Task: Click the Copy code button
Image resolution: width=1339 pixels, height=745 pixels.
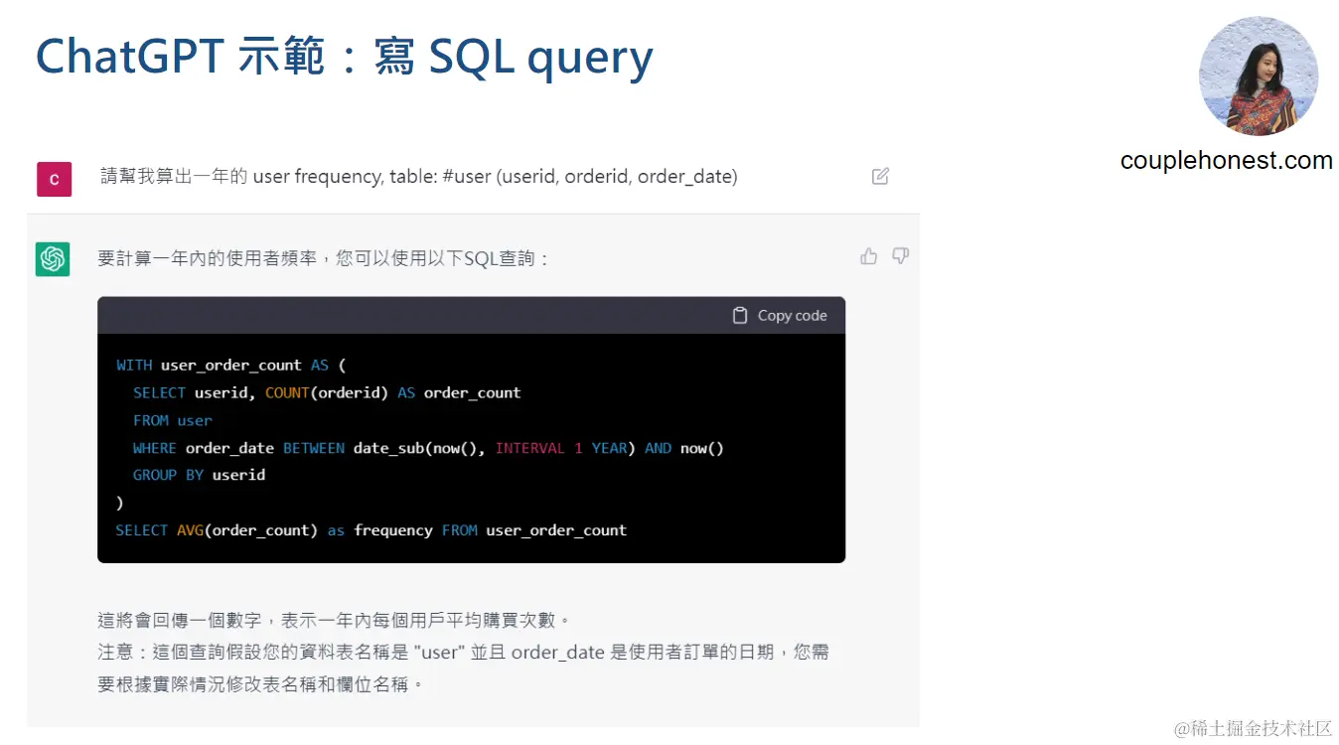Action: [780, 315]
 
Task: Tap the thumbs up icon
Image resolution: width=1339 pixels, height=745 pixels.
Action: [869, 256]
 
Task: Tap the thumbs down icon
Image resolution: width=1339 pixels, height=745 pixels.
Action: [901, 256]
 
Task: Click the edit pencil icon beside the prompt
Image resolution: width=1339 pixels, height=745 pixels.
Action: [880, 177]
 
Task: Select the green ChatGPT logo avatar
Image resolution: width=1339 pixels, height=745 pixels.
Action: [53, 259]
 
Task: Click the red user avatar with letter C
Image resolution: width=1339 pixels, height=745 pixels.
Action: [54, 180]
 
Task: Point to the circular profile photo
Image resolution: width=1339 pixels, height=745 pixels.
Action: [1259, 75]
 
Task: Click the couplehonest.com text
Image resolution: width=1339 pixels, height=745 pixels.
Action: [1226, 161]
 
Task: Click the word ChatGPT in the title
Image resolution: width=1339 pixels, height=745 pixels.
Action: [129, 58]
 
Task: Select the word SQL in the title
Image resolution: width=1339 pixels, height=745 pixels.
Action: [471, 58]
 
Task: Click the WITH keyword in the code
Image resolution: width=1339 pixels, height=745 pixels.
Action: [134, 365]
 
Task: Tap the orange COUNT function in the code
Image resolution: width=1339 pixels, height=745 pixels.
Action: [287, 392]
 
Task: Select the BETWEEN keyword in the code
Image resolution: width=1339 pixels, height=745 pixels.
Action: [314, 448]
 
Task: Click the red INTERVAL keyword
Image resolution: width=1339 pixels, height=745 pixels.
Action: [529, 448]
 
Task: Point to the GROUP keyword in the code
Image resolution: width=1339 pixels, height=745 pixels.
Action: [155, 475]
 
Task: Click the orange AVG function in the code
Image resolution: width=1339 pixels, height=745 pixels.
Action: [190, 530]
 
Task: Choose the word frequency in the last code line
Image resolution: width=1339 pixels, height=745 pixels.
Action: [393, 530]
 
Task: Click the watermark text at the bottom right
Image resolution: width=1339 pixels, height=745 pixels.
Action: [1253, 728]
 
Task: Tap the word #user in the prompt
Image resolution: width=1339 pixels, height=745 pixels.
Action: [467, 177]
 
